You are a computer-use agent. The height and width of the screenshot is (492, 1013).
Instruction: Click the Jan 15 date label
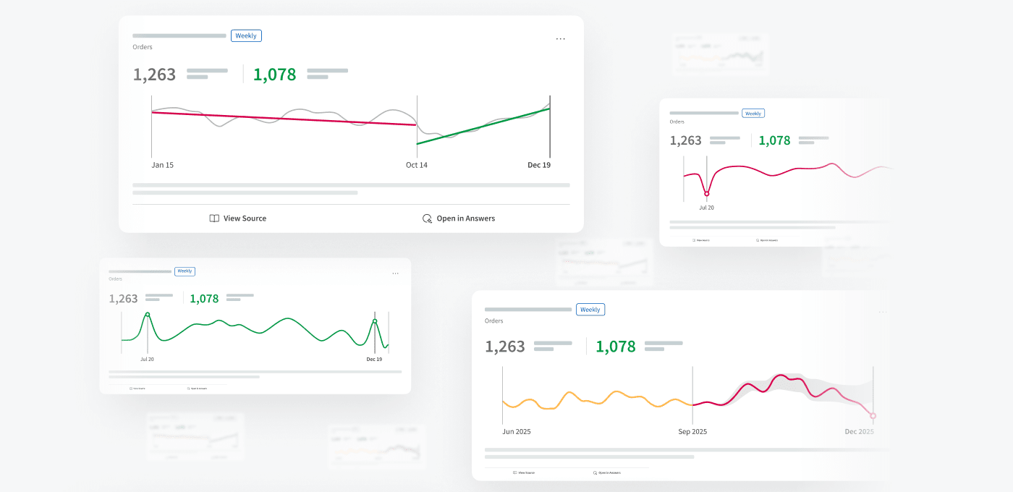click(162, 165)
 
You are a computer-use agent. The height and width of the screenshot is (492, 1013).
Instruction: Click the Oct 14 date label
click(416, 165)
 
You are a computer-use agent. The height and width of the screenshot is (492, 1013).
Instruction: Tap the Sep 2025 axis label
click(692, 432)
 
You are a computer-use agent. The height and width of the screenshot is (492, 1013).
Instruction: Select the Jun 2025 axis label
click(517, 432)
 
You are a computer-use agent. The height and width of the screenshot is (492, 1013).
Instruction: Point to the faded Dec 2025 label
click(859, 432)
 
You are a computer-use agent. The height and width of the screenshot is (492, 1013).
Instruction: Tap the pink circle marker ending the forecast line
click(873, 416)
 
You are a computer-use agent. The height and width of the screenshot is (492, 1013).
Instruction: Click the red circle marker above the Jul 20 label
click(707, 193)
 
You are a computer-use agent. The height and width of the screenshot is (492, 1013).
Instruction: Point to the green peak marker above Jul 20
click(148, 315)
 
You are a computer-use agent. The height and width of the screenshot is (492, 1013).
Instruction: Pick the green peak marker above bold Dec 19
click(375, 321)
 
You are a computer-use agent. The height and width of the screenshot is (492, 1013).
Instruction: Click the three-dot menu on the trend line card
click(560, 39)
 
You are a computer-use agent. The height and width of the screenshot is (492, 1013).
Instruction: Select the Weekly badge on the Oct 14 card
click(246, 35)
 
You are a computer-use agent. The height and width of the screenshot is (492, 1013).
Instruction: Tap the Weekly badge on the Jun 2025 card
click(590, 310)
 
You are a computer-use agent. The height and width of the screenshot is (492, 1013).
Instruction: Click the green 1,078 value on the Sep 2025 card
click(615, 347)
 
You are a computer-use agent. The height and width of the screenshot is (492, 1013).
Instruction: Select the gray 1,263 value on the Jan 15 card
click(154, 75)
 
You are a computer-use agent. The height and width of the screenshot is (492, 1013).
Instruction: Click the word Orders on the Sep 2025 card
click(493, 321)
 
